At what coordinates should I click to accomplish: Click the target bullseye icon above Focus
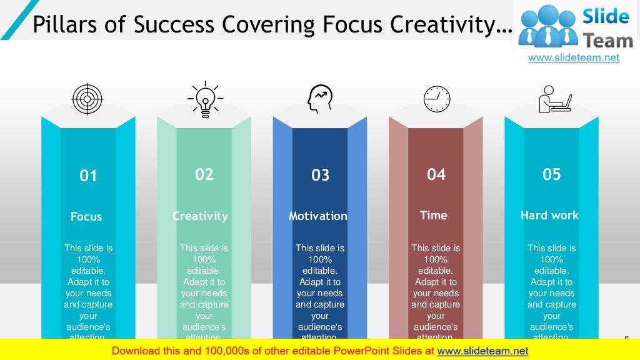[x=87, y=99]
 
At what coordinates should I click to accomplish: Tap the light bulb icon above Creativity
[x=205, y=99]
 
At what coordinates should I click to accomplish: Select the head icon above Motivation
[x=320, y=99]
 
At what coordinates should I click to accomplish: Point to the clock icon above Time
[x=436, y=99]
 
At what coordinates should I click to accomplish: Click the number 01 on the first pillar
[x=88, y=176]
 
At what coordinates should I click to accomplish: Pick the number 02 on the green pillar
[x=204, y=174]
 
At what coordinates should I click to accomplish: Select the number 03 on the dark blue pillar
[x=320, y=176]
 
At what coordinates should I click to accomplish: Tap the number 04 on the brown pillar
[x=436, y=174]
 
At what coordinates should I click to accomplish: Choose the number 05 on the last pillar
[x=552, y=174]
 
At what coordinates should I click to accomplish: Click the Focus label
[x=86, y=217]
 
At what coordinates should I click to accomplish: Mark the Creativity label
[x=200, y=216]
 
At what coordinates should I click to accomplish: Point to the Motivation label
[x=317, y=216]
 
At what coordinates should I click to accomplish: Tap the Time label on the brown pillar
[x=434, y=216]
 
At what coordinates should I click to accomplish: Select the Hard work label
[x=549, y=216]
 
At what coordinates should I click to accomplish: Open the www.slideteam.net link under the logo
[x=574, y=58]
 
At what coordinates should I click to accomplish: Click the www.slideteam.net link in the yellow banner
[x=482, y=351]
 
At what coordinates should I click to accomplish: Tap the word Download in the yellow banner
[x=139, y=351]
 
